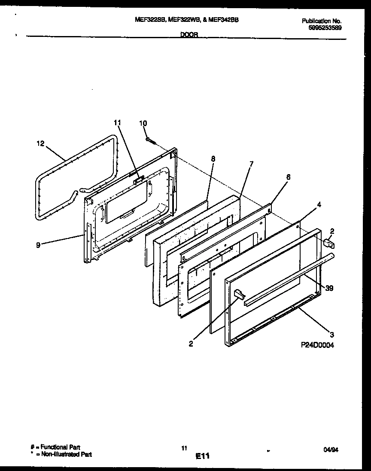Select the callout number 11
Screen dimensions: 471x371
pyautogui.click(x=118, y=123)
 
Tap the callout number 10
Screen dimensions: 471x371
pyautogui.click(x=143, y=123)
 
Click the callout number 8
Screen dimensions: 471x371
pyautogui.click(x=213, y=158)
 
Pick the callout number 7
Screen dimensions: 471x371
pyautogui.click(x=251, y=164)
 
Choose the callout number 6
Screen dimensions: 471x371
pyautogui.click(x=289, y=177)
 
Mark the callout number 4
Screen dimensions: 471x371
pyautogui.click(x=319, y=205)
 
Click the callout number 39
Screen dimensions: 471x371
pyautogui.click(x=329, y=288)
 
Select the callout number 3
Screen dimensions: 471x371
pyautogui.click(x=331, y=334)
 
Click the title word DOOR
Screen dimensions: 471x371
pyautogui.click(x=189, y=36)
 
